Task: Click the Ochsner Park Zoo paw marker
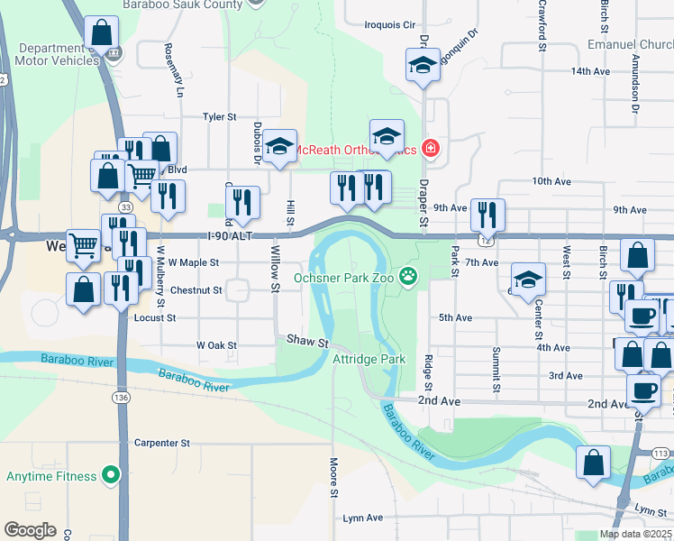(x=411, y=276)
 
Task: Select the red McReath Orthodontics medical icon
(x=431, y=148)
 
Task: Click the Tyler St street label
(x=219, y=116)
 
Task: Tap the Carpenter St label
(x=162, y=443)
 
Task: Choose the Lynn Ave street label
(x=363, y=518)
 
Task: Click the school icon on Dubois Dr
(x=280, y=146)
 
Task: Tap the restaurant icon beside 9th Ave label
(x=487, y=214)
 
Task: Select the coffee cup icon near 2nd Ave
(x=643, y=390)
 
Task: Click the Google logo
(x=30, y=530)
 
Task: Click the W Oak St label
(x=216, y=345)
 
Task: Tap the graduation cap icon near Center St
(x=528, y=278)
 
